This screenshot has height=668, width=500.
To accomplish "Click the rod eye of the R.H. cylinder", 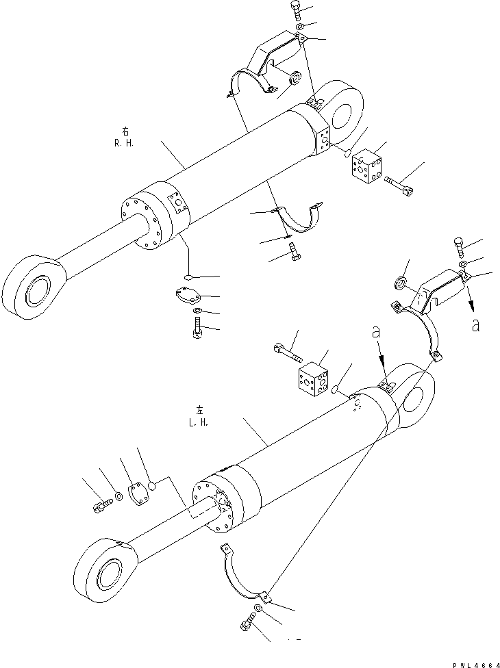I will pos(32,286).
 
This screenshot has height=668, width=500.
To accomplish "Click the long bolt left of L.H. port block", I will pos(287,352).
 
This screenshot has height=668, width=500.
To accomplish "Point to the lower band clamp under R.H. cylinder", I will pos(297,218).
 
